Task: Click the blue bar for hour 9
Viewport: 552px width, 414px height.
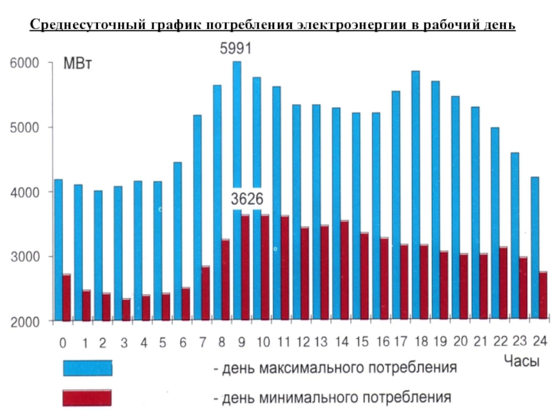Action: tap(237, 138)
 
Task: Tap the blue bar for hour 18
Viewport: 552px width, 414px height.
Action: tap(415, 159)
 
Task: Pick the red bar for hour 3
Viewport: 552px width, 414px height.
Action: tap(126, 310)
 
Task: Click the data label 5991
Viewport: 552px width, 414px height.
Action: tap(235, 49)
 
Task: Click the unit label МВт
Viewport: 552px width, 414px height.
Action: tap(78, 64)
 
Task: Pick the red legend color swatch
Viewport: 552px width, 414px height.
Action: tap(87, 398)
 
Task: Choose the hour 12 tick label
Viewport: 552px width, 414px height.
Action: tap(302, 342)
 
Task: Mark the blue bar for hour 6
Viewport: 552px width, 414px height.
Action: tap(177, 241)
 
